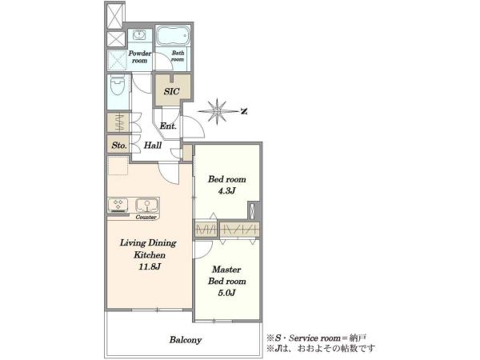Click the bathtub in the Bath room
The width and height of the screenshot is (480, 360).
pos(173,36)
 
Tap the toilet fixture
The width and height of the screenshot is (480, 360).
pos(118,85)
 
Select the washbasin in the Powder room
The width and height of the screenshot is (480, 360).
pos(139,35)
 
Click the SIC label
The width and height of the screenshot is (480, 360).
pos(171,91)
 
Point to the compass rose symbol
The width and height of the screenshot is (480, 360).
pos(217,111)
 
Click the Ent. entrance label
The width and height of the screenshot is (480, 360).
pos(168,126)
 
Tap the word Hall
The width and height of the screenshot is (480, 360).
pos(153,145)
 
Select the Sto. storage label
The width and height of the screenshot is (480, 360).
pos(119,146)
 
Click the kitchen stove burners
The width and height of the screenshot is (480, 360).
pos(118,205)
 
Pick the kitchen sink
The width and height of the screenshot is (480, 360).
pos(147,206)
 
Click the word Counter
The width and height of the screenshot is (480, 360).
pos(146,217)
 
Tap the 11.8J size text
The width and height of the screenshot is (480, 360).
pos(150,266)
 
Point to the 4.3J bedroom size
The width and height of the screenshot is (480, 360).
pos(226,191)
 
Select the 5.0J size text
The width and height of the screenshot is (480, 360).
pos(226,293)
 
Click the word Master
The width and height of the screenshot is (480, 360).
pos(226,270)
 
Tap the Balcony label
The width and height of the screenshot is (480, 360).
pos(186,340)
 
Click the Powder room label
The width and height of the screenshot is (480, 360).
pos(139,57)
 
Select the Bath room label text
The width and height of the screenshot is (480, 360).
pos(178,56)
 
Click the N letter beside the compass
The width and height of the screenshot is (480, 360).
pos(244,111)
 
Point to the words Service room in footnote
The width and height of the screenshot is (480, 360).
pos(314,338)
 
